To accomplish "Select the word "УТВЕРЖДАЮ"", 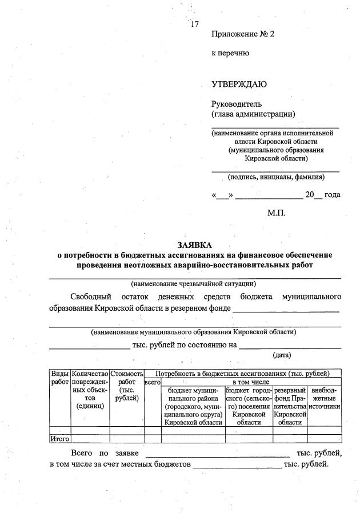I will [x=239, y=85].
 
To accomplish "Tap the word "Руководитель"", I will [x=237, y=104].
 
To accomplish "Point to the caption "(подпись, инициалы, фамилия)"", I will [x=276, y=177].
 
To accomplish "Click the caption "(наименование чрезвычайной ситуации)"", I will [x=194, y=283].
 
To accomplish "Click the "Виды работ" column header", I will [x=59, y=378].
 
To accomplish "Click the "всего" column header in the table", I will [x=153, y=382].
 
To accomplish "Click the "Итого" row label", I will [x=59, y=439].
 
